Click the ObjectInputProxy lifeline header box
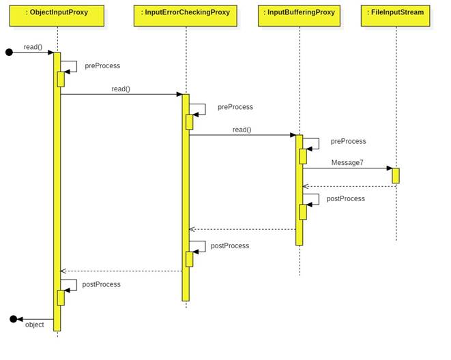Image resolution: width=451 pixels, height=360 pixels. tap(57, 16)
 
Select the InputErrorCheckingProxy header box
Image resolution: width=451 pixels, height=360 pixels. tap(185, 16)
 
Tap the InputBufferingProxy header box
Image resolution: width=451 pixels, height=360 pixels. tap(299, 16)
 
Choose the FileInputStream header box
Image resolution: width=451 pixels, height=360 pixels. tap(396, 16)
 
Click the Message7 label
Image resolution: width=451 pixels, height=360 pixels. tap(347, 162)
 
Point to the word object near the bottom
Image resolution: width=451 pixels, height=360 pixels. tap(35, 325)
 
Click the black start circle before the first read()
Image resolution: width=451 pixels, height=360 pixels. tap(9, 52)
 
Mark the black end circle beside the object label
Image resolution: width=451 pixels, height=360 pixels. tap(13, 318)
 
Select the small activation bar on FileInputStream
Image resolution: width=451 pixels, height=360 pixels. tap(396, 175)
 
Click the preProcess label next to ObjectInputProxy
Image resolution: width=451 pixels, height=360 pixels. tap(102, 66)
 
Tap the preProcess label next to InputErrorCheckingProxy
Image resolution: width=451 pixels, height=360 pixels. tap(235, 107)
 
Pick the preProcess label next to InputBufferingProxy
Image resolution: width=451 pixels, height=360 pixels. tap(348, 141)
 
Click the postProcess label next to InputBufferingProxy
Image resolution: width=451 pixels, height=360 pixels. tap(345, 198)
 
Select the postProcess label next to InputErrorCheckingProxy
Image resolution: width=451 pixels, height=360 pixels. tap(230, 245)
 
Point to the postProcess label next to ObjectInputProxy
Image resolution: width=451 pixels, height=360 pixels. tap(101, 284)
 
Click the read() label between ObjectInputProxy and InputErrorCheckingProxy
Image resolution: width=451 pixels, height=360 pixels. tap(121, 89)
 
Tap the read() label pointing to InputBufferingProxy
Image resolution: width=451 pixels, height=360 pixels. tap(242, 130)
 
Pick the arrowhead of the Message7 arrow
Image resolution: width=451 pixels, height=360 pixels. tap(389, 168)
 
